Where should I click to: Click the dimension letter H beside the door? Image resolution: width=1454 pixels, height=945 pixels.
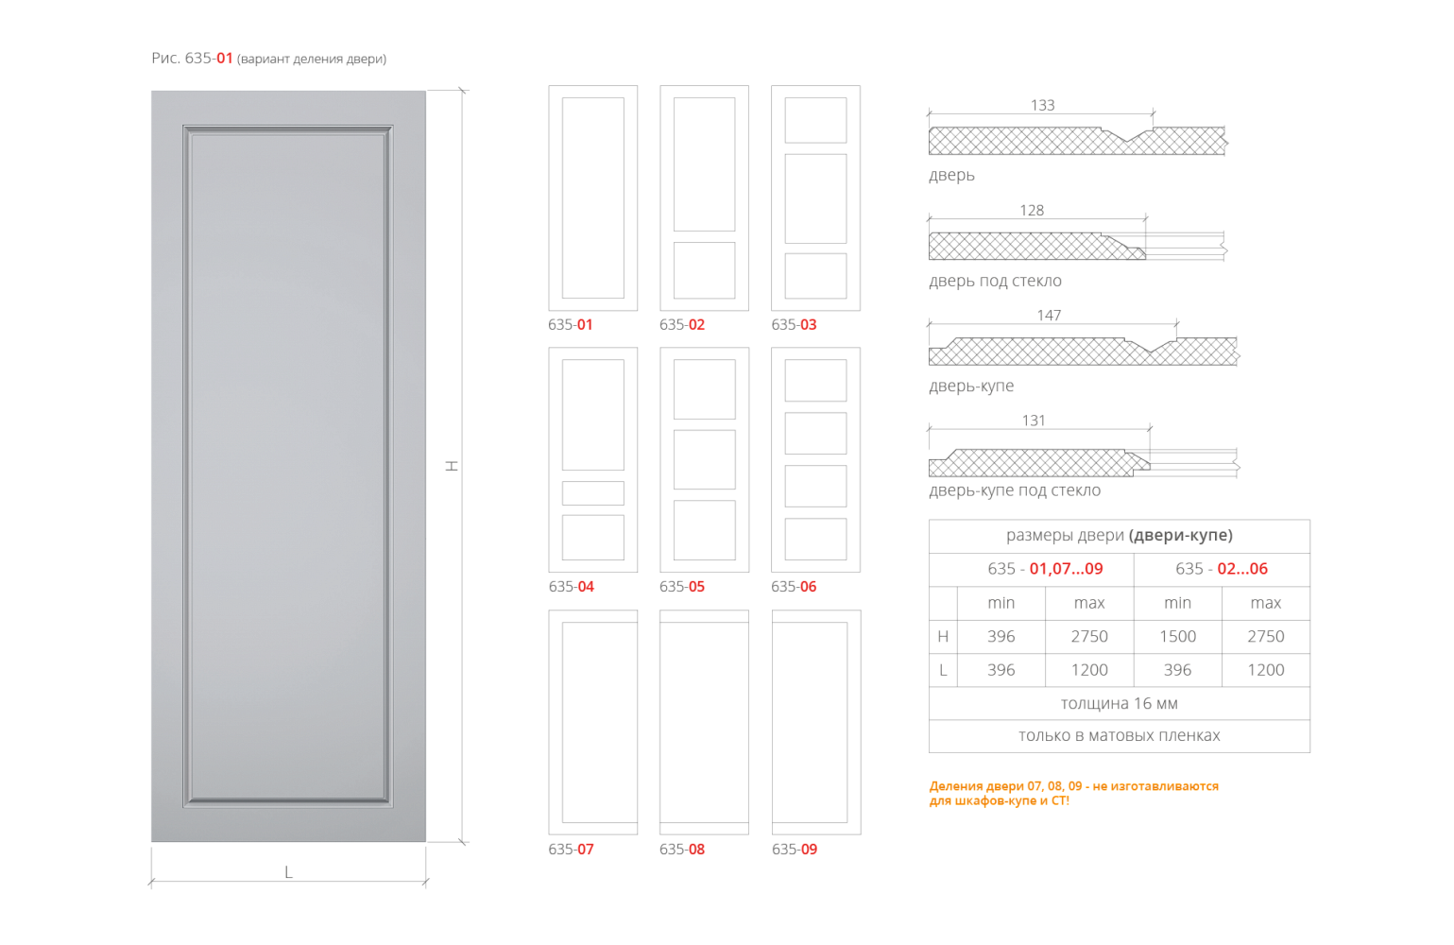(x=453, y=465)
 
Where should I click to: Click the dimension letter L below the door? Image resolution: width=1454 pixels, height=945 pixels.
(x=289, y=873)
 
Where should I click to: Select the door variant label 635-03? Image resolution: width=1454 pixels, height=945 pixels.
(x=794, y=324)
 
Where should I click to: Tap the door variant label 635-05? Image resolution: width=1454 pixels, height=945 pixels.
(x=682, y=586)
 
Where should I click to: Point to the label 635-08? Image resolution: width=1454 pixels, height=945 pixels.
(x=682, y=849)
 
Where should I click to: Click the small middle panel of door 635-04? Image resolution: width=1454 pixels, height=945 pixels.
(x=592, y=493)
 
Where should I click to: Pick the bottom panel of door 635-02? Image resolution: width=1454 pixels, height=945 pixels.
(x=704, y=270)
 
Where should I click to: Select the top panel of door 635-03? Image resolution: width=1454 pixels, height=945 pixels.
(x=815, y=120)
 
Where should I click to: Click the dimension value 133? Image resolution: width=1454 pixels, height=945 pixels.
(x=1042, y=105)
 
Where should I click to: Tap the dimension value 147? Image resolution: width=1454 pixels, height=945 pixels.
(x=1049, y=316)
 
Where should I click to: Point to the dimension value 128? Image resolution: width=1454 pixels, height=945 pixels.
(x=1032, y=211)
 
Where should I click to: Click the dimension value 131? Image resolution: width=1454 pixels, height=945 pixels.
(x=1034, y=421)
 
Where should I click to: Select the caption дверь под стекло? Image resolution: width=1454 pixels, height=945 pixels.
(x=995, y=281)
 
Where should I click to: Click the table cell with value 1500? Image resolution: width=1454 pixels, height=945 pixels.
(x=1177, y=636)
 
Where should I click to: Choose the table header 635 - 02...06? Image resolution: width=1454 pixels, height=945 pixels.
(x=1221, y=568)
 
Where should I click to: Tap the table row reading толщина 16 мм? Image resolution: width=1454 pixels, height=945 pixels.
(x=1119, y=703)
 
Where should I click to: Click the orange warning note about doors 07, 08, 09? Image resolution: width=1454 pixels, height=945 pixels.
(x=1073, y=793)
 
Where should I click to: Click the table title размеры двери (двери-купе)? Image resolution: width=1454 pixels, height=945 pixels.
(x=1119, y=536)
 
